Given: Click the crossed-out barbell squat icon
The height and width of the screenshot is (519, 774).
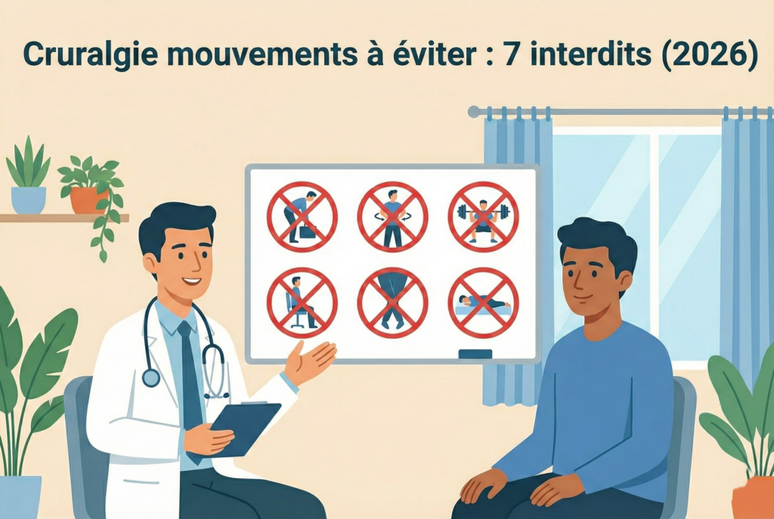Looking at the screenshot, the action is pyautogui.click(x=483, y=217).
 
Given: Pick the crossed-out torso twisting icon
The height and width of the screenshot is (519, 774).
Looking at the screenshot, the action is pyautogui.click(x=392, y=217).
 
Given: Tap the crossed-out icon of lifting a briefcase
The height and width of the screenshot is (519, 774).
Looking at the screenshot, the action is pyautogui.click(x=302, y=217).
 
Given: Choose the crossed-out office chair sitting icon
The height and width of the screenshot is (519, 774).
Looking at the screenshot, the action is pyautogui.click(x=302, y=302).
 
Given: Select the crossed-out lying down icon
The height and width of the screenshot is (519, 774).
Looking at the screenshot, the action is pyautogui.click(x=483, y=302).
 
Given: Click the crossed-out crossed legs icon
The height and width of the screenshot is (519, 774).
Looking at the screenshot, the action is pyautogui.click(x=392, y=302).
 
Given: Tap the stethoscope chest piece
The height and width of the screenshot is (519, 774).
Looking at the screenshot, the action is pyautogui.click(x=151, y=378).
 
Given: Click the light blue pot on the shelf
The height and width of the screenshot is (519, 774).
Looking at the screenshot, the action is pyautogui.click(x=29, y=200).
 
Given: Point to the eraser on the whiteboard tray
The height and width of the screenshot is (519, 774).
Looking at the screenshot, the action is pyautogui.click(x=475, y=354).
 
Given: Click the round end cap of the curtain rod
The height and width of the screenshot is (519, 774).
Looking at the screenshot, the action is pyautogui.click(x=474, y=112).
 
